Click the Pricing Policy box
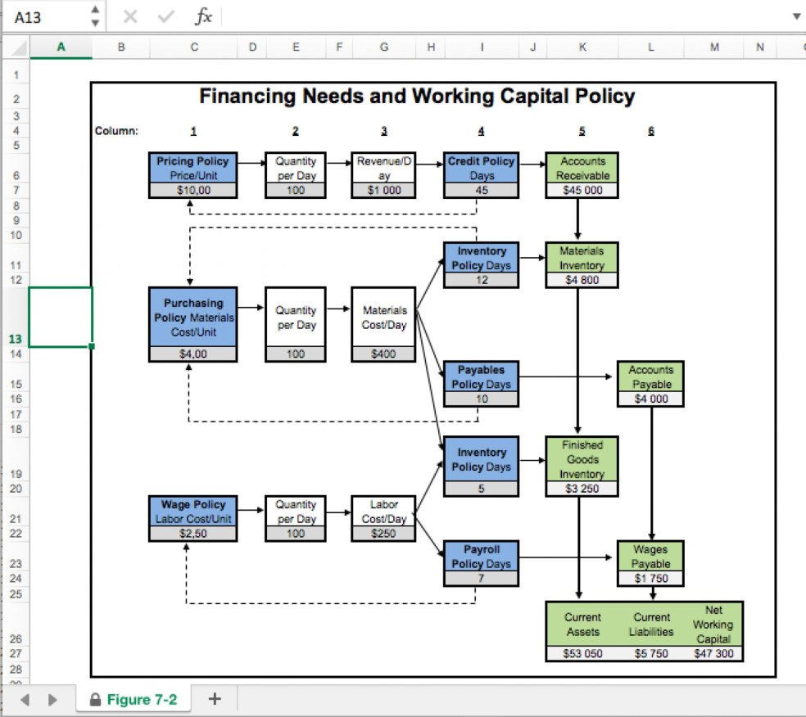(193, 168)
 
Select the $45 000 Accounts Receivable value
(582, 191)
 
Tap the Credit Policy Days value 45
(481, 191)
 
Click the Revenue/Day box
(384, 168)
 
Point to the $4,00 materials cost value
(193, 354)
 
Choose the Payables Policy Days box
(481, 377)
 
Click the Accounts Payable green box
(651, 377)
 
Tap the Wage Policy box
(193, 512)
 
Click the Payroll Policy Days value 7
(481, 579)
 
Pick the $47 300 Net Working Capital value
(713, 654)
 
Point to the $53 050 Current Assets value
(582, 654)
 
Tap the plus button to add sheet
(215, 699)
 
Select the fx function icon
(203, 16)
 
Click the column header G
(384, 47)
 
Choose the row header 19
(16, 474)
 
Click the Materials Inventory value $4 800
(582, 280)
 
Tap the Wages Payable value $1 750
(651, 579)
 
